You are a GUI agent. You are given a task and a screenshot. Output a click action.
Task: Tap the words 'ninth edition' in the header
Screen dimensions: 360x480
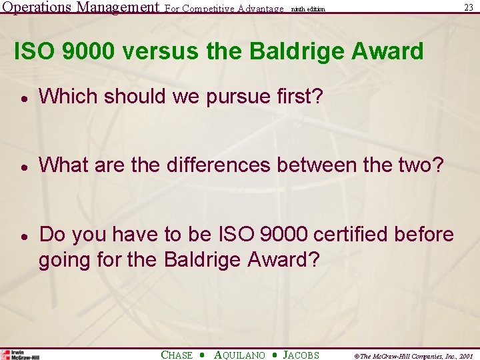click(x=308, y=9)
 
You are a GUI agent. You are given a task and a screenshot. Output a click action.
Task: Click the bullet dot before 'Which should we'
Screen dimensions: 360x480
click(x=23, y=98)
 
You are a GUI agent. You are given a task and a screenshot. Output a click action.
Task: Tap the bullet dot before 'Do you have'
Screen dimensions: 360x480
click(x=23, y=236)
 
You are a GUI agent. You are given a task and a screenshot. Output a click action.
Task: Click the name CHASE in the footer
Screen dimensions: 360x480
click(x=177, y=355)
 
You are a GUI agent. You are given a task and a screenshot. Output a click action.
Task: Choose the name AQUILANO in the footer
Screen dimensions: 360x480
click(x=239, y=355)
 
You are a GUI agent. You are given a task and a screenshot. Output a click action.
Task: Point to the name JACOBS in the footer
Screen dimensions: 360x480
click(x=301, y=355)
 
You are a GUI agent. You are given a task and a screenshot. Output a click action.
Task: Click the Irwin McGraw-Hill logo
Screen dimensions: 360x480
click(x=21, y=355)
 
